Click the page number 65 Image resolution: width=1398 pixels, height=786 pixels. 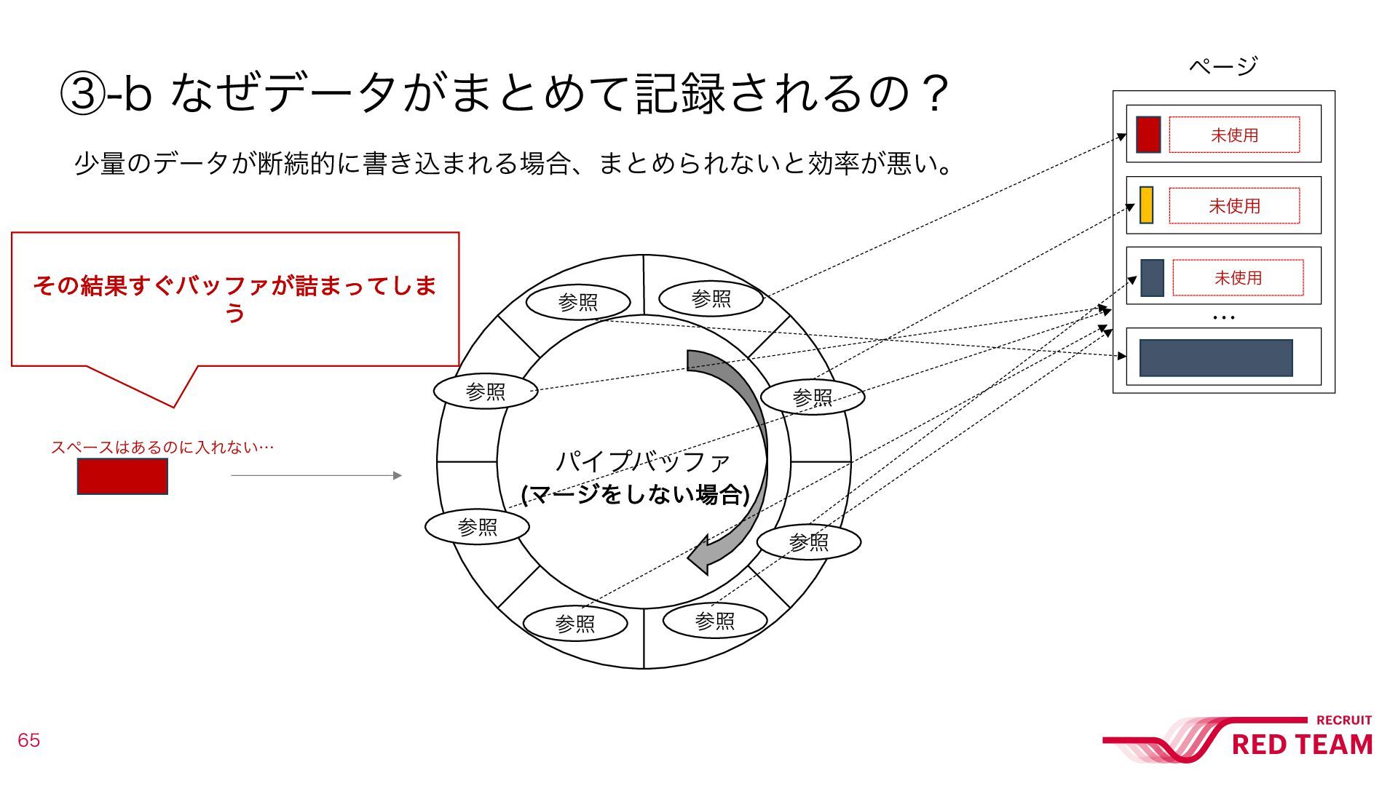pos(28,740)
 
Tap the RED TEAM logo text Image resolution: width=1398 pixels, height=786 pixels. pos(1302,745)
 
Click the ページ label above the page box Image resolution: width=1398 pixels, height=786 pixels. pos(1223,66)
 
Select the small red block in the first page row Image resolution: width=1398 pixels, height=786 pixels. pos(1148,135)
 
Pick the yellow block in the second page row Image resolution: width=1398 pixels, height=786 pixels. pos(1146,205)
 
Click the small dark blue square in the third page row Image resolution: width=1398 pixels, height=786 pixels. pos(1152,277)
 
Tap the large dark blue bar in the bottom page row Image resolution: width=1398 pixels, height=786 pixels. pos(1215,357)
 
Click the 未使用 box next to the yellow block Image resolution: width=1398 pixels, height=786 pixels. pos(1234,206)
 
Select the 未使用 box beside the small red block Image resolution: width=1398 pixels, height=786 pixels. pos(1234,135)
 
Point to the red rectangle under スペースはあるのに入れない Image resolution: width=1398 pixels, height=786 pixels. pos(122,477)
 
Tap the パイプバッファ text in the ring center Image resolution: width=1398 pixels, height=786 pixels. pos(642,461)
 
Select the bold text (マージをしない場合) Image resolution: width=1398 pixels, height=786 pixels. pos(636,495)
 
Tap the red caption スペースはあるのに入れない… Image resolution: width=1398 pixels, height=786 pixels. pos(162,447)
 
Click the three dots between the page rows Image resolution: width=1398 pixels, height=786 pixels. pos(1224,317)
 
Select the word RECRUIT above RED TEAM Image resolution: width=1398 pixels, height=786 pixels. pos(1343,720)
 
